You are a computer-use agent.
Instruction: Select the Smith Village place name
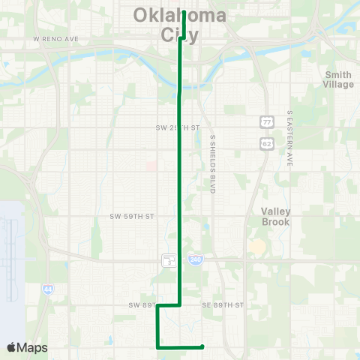point(338,79)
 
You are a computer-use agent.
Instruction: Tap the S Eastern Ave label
point(289,138)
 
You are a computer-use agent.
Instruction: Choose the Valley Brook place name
point(274,217)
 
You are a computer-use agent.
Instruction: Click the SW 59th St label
point(131,216)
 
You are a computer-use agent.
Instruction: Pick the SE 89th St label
point(223,305)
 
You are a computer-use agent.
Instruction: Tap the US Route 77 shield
point(267,121)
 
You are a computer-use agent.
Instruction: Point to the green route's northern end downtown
point(184,13)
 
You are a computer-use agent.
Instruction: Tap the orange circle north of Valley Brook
point(257,246)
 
